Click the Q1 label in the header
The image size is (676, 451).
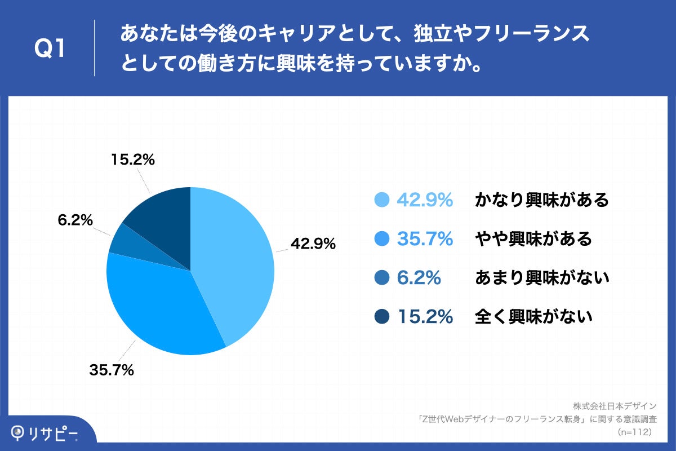click(x=50, y=49)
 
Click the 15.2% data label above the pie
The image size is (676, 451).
click(x=132, y=160)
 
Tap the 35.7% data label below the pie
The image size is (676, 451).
click(x=112, y=370)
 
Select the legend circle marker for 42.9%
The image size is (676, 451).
click(x=383, y=200)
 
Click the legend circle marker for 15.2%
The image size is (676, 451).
click(x=383, y=317)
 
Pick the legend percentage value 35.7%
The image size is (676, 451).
click(x=425, y=239)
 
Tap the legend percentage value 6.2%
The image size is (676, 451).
click(x=419, y=278)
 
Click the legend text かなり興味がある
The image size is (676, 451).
click(x=542, y=200)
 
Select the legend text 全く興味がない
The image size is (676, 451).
click(x=533, y=317)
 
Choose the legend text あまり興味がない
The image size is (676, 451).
click(x=542, y=278)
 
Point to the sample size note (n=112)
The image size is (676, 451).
click(x=634, y=432)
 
